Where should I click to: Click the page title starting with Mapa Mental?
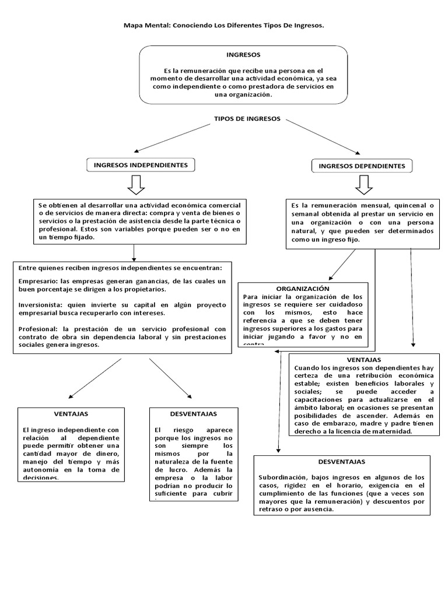pyautogui.click(x=224, y=26)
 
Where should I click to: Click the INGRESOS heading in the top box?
pyautogui.click(x=243, y=54)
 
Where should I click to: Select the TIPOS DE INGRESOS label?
pyautogui.click(x=247, y=119)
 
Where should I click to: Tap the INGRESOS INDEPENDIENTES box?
pyautogui.click(x=141, y=166)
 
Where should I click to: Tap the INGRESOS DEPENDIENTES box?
pyautogui.click(x=362, y=166)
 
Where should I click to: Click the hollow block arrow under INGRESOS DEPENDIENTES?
pyautogui.click(x=364, y=185)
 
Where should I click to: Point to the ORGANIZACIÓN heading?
pyautogui.click(x=303, y=289)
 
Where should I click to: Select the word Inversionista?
pyautogui.click(x=41, y=304)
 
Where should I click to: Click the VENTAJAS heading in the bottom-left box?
pyautogui.click(x=71, y=413)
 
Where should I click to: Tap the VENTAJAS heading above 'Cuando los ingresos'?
pyautogui.click(x=364, y=360)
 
